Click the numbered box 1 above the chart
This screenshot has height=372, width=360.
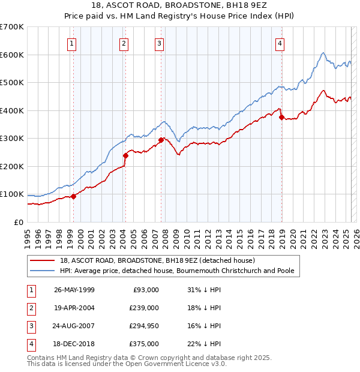(x=71, y=43)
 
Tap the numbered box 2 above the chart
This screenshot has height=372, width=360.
(x=124, y=43)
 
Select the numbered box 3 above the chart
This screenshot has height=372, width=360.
(x=160, y=43)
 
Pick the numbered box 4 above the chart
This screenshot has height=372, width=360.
(x=280, y=43)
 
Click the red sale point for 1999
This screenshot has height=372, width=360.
(x=74, y=196)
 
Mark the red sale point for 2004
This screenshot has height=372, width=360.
(x=126, y=155)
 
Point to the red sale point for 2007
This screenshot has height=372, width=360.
(x=161, y=140)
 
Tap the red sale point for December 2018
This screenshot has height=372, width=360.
(x=281, y=118)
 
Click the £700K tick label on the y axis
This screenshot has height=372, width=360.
(x=12, y=27)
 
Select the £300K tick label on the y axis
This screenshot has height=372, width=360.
(x=12, y=139)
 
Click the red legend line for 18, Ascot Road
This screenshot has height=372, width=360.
(x=43, y=260)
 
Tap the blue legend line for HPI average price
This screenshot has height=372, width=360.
(x=43, y=271)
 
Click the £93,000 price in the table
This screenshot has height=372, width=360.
(x=146, y=290)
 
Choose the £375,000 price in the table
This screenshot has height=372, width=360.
(x=144, y=344)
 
